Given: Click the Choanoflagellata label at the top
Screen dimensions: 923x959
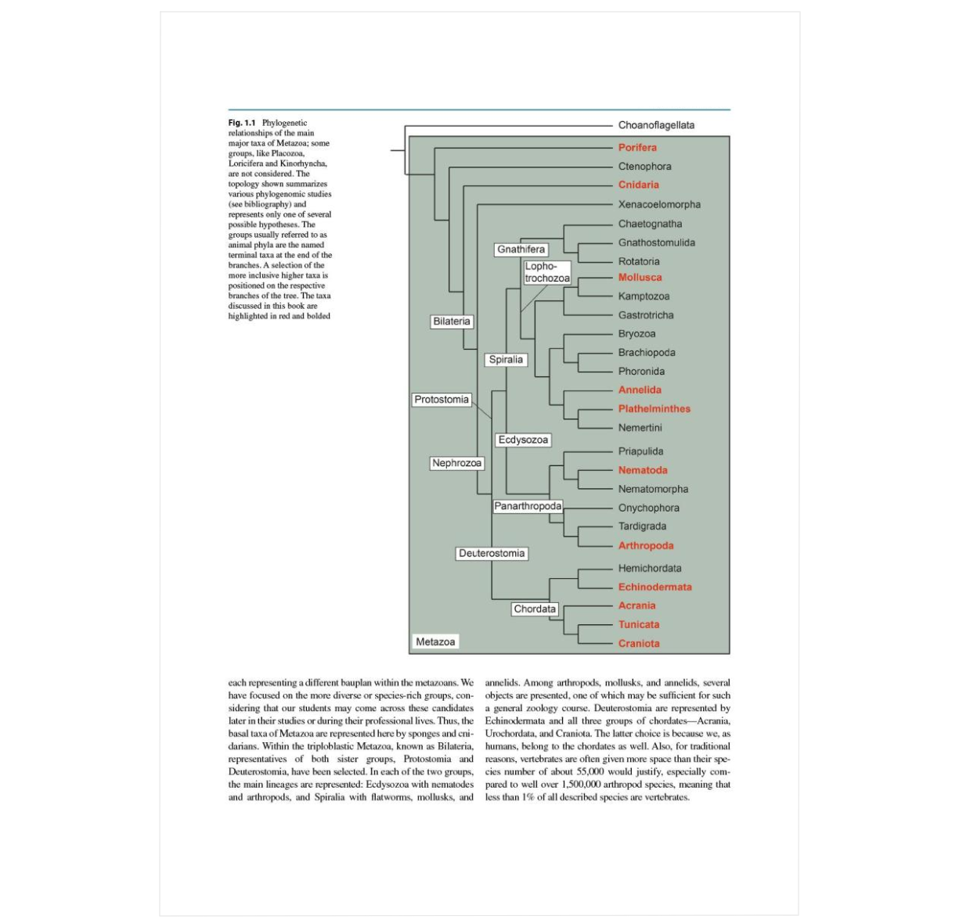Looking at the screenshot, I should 655,125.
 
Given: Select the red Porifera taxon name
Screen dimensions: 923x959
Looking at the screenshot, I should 637,147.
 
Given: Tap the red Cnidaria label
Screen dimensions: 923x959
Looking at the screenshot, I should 638,185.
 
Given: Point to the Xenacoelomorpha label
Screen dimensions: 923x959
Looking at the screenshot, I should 659,204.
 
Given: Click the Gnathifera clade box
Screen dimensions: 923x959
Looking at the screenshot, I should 521,250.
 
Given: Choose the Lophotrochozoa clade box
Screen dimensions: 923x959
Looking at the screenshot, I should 547,272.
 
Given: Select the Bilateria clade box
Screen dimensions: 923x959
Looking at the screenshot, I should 452,321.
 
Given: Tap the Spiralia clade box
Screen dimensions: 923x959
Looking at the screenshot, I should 506,360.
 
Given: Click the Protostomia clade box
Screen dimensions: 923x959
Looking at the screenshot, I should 442,400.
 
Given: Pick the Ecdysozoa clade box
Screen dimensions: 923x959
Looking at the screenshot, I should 523,440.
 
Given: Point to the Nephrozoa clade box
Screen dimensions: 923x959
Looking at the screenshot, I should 457,463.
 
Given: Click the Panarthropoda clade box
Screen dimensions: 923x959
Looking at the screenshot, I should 528,506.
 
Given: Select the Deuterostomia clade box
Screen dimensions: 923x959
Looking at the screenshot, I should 492,553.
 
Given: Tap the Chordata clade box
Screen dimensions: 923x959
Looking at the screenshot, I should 535,609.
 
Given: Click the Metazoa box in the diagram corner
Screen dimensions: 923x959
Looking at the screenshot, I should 435,641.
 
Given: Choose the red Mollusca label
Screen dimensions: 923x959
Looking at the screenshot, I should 640,277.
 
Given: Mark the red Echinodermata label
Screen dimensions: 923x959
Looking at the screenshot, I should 654,587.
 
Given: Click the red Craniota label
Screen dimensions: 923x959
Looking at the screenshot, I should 639,643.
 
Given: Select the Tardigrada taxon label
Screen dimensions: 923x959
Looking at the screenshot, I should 642,526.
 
